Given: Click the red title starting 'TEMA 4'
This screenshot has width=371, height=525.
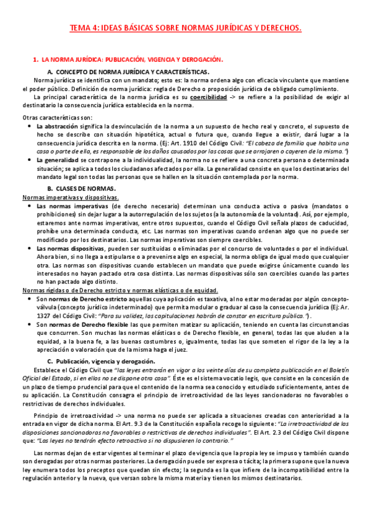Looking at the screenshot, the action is [185, 28].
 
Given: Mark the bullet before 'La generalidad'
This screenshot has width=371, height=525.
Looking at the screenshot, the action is [29, 160].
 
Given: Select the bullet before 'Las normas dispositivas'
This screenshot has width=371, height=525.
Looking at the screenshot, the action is [29, 248].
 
